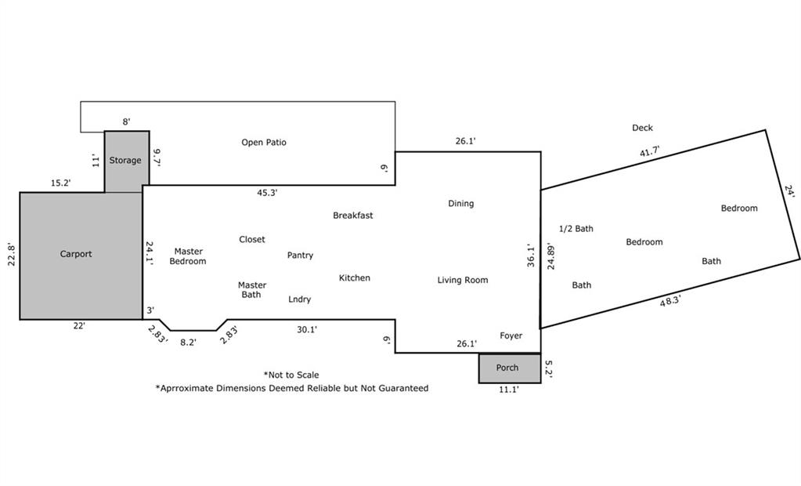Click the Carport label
76,254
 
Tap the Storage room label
125,161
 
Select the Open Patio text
264,143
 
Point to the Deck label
642,128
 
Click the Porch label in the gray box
507,368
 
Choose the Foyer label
511,335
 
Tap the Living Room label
462,281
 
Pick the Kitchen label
355,278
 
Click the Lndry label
299,299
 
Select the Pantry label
300,256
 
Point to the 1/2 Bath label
576,229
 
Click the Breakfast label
353,216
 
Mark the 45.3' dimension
267,193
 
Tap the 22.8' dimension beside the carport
12,254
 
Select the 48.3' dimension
669,301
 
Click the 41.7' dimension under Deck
649,152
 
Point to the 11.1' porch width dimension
509,390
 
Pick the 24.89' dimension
550,256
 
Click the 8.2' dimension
188,343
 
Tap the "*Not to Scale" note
291,375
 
